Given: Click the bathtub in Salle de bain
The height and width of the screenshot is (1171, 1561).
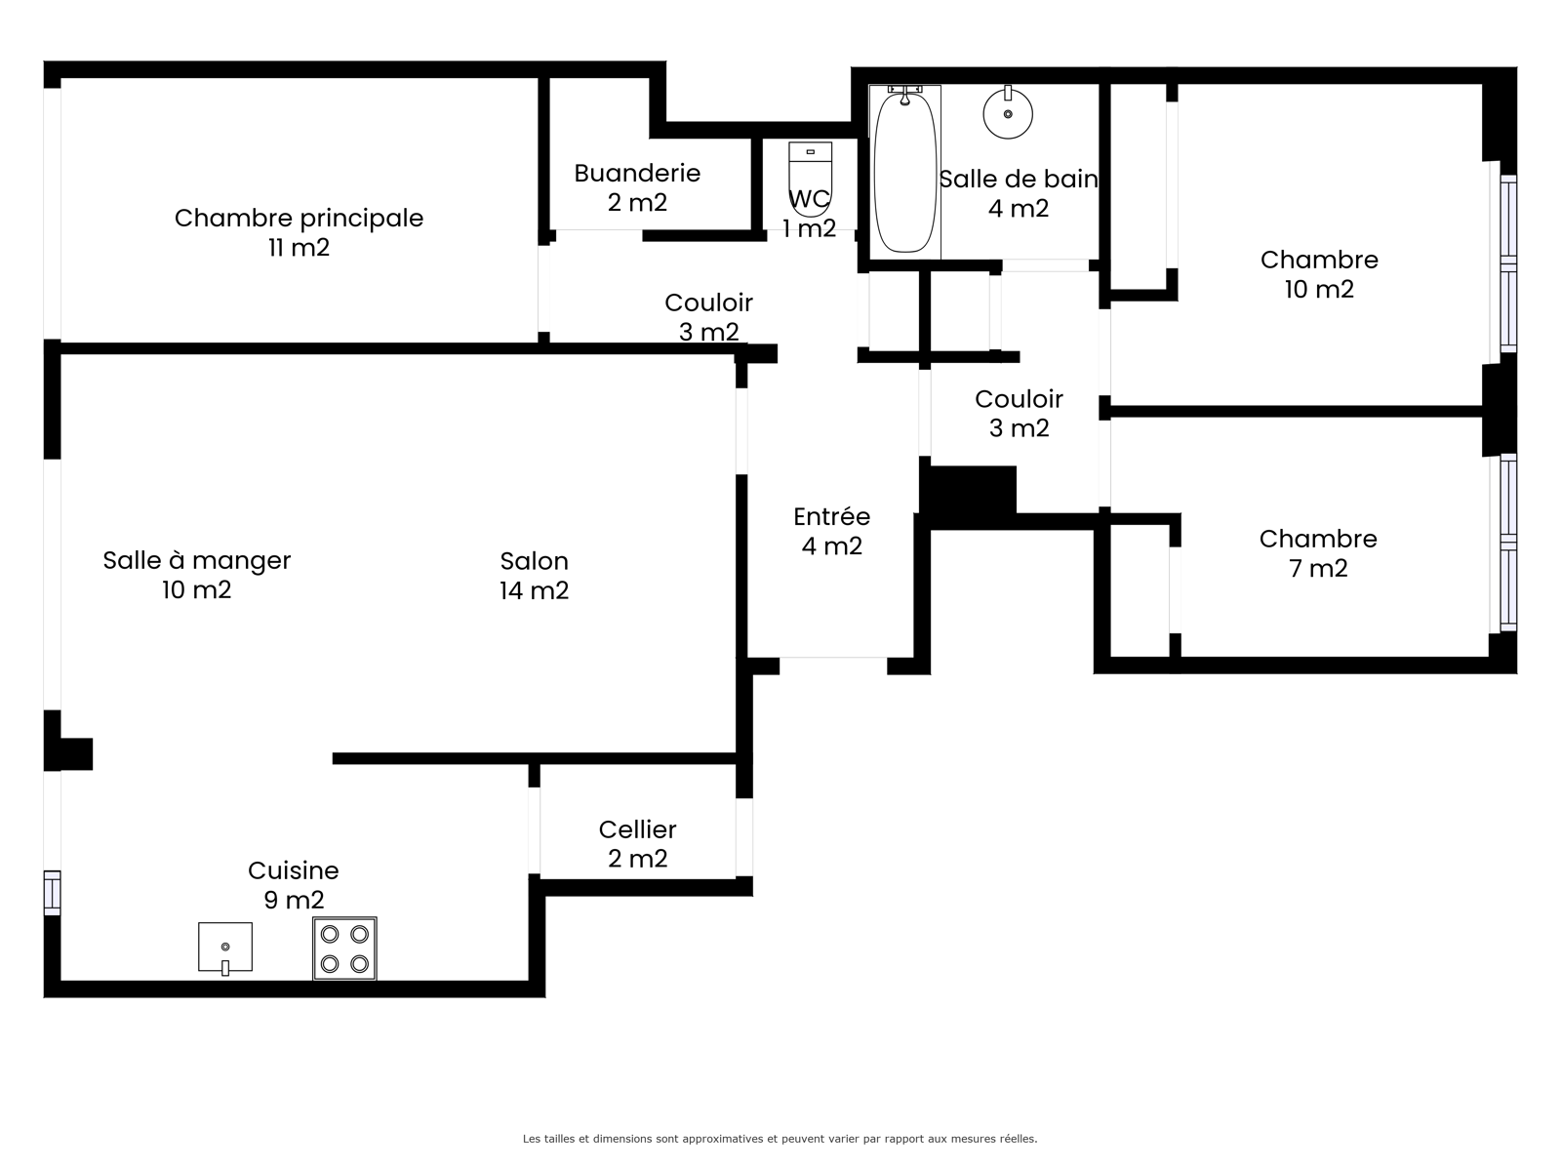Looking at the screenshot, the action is click(x=904, y=172).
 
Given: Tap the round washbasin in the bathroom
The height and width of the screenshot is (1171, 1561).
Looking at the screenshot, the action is click(x=1008, y=112).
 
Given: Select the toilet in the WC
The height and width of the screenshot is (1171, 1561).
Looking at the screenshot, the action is click(x=810, y=176).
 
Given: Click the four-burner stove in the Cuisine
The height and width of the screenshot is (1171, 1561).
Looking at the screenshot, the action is click(x=345, y=949).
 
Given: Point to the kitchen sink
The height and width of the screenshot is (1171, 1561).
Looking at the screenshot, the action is click(x=225, y=948).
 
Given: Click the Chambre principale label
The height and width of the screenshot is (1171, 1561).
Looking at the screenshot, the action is click(x=299, y=218).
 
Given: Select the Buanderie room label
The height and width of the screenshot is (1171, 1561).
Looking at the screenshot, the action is click(x=637, y=173).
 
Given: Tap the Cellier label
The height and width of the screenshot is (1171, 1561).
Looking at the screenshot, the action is click(x=637, y=829).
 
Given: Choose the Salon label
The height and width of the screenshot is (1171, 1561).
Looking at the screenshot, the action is click(x=534, y=561).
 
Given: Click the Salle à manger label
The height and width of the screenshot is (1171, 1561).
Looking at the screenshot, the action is click(x=197, y=560).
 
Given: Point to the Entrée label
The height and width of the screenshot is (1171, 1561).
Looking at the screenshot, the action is click(x=832, y=516).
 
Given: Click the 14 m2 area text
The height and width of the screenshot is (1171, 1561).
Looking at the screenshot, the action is click(x=534, y=590).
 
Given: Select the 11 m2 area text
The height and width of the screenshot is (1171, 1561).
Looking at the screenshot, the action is click(x=299, y=248).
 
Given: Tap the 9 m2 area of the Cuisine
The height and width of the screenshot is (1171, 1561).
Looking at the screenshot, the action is click(x=294, y=900).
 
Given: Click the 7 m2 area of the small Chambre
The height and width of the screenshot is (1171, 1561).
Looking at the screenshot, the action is click(x=1318, y=568).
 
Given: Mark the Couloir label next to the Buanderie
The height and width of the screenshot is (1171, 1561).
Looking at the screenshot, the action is click(x=708, y=303).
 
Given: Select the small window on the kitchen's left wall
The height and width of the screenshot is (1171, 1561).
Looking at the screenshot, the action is click(x=52, y=892).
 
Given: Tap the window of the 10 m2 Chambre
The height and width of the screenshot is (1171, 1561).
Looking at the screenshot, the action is click(x=1507, y=263).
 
